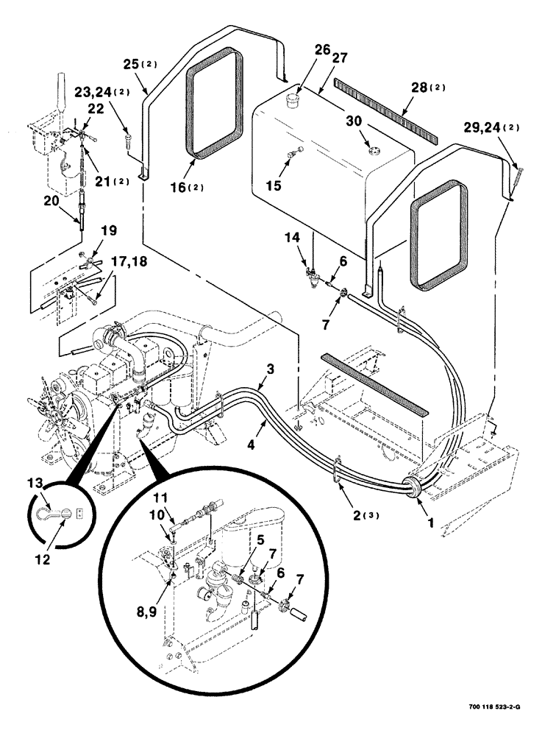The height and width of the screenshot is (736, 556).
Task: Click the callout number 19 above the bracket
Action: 108,230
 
